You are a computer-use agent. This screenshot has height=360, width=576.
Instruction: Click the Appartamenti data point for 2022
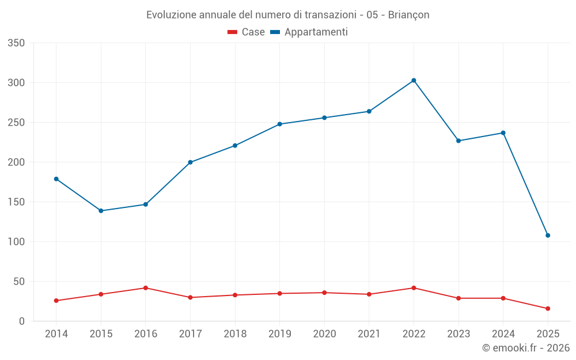[414, 81]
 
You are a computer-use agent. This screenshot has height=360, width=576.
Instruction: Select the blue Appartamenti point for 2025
[548, 236]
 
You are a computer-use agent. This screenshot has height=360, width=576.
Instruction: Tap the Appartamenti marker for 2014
[56, 179]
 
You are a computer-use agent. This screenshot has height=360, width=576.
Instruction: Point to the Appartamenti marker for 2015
[101, 211]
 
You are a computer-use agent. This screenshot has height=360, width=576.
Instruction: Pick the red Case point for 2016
[146, 288]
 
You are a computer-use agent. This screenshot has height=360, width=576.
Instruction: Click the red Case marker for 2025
[548, 309]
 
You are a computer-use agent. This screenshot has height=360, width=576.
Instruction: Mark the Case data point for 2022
[414, 288]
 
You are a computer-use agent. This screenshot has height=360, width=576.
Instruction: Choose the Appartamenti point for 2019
[279, 124]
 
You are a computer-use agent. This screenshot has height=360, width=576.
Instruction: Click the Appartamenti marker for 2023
[458, 141]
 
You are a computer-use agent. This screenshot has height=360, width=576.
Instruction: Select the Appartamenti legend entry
[309, 32]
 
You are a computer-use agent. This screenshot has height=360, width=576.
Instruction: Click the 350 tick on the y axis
[16, 43]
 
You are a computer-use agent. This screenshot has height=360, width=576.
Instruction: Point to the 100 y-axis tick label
[16, 242]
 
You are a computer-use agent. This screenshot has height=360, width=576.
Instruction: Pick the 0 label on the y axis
[21, 321]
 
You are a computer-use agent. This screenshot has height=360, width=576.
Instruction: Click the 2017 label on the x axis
[190, 334]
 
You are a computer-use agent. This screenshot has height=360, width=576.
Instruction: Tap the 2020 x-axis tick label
[324, 334]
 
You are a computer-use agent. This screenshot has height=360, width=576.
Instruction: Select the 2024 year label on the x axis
[503, 334]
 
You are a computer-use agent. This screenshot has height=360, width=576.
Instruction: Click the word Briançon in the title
[408, 15]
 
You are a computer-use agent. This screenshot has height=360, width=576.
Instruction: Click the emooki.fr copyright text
[525, 348]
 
